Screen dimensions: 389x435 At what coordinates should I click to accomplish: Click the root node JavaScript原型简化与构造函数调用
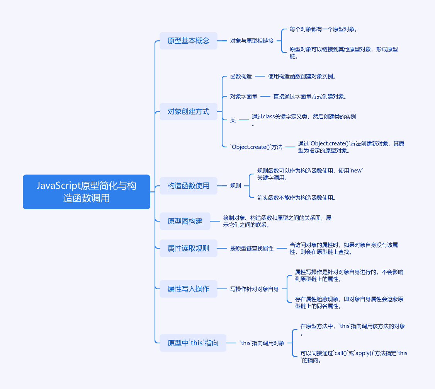(x=87, y=192)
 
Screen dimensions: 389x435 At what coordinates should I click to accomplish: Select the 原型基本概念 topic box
(x=189, y=41)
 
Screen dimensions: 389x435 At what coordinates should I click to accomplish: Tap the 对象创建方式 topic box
(x=189, y=111)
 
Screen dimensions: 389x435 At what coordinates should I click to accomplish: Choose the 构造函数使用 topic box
(x=189, y=186)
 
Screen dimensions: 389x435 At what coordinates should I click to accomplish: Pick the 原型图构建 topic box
(x=185, y=221)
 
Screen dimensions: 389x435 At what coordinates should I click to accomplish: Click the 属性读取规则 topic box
(x=189, y=248)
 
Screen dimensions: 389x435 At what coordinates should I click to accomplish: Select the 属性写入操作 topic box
(x=189, y=289)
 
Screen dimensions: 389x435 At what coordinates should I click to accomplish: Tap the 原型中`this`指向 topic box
(x=193, y=343)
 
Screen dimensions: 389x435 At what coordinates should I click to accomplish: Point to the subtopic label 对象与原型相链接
(x=252, y=41)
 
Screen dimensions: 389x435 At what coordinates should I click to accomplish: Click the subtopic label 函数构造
(x=241, y=77)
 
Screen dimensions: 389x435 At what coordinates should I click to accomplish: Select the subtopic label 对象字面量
(x=244, y=97)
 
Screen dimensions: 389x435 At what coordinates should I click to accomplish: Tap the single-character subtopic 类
(x=233, y=120)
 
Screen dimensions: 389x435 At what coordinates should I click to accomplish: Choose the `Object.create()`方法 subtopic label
(x=256, y=147)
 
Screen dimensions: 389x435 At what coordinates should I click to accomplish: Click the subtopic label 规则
(x=236, y=186)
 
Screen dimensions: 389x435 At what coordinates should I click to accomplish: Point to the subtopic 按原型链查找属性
(x=252, y=248)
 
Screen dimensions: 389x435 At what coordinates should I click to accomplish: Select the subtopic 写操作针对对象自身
(x=255, y=289)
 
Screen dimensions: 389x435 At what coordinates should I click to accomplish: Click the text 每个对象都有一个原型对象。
(x=324, y=29)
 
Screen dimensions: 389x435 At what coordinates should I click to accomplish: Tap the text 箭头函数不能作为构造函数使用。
(x=296, y=198)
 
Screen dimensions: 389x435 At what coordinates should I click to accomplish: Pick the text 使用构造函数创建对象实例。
(x=302, y=77)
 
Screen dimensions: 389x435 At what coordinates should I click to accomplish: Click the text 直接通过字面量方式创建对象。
(x=310, y=97)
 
